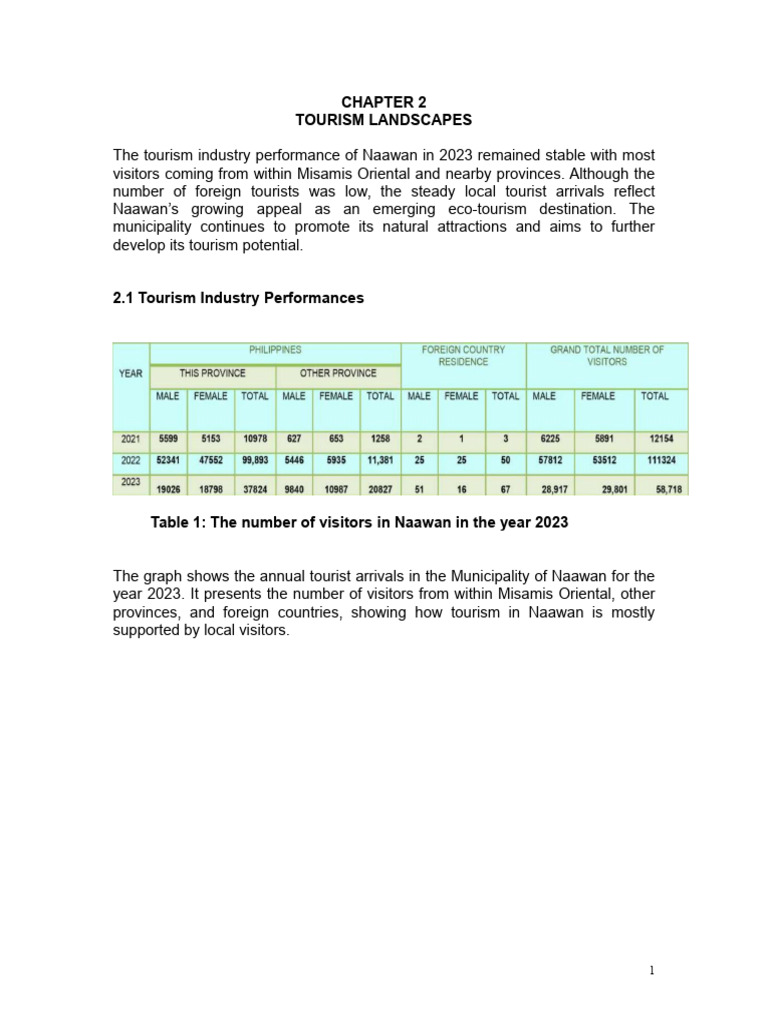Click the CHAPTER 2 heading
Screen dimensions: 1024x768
pos(383,102)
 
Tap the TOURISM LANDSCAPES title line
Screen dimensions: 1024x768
pos(383,120)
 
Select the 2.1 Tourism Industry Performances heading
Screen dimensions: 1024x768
pos(238,298)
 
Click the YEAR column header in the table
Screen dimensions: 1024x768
pos(131,373)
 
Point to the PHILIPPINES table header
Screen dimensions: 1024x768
pos(275,350)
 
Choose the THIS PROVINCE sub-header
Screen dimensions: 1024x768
pos(212,373)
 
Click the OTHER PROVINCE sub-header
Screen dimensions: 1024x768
pos(338,373)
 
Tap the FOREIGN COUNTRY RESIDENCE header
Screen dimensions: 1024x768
pos(463,356)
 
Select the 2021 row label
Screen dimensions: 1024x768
pos(131,439)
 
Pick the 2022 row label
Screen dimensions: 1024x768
pos(131,461)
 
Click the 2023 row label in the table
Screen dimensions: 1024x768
pos(131,481)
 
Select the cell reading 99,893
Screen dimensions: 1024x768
pos(254,461)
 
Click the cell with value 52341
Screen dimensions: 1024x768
pos(168,461)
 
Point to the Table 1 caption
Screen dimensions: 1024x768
pos(359,523)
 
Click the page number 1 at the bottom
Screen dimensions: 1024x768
pos(651,969)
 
